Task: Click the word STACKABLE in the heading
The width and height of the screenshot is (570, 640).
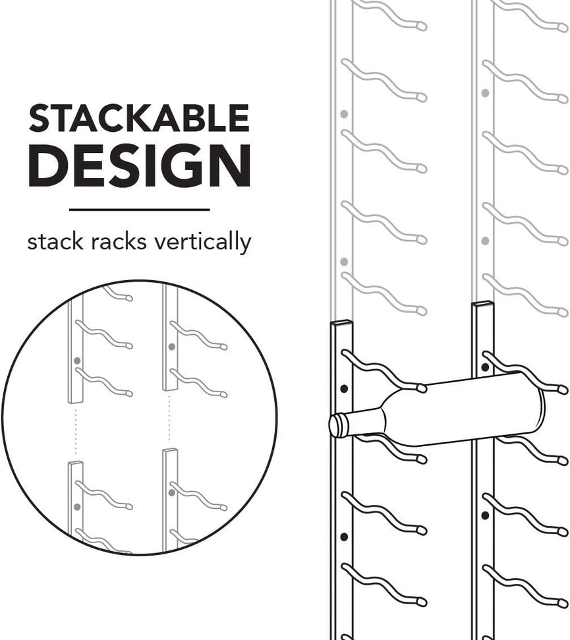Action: tap(139, 118)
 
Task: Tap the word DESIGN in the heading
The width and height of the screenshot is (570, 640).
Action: tap(140, 166)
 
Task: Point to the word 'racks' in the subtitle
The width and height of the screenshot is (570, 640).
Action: tap(119, 241)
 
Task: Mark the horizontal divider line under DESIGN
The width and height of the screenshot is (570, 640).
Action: tap(140, 210)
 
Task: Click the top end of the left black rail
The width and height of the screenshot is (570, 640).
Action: tap(342, 323)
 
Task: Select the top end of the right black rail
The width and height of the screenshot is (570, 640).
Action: tap(482, 305)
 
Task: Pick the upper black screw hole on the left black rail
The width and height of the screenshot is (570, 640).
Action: tap(345, 389)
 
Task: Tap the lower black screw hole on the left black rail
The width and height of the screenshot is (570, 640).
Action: tap(345, 537)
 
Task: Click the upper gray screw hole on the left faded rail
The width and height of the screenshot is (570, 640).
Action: tap(344, 114)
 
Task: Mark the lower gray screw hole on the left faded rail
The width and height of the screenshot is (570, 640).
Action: tap(344, 261)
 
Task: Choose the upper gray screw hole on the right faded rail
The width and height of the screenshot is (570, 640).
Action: tap(485, 93)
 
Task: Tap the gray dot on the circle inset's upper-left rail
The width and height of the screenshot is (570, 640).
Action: tap(77, 361)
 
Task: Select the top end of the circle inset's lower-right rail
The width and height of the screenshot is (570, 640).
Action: tap(171, 451)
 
